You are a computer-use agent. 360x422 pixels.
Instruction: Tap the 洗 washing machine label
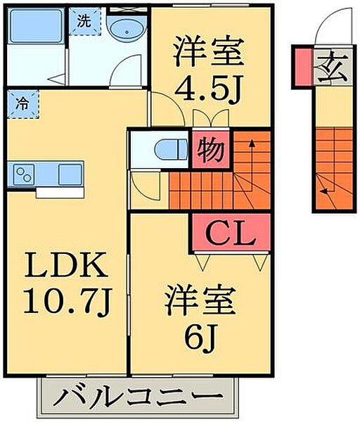[x=84, y=21]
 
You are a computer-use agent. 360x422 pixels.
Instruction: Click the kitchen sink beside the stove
[x=70, y=173]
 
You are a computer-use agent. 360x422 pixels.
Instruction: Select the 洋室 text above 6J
[x=200, y=303]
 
